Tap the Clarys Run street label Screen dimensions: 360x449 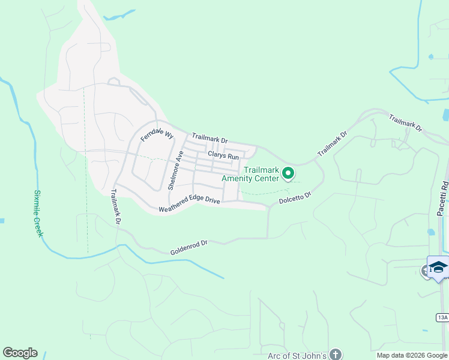223,155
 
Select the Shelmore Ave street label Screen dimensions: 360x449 175,170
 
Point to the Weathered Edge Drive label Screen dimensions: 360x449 189,204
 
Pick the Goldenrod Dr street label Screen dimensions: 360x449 188,247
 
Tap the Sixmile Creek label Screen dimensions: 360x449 38,213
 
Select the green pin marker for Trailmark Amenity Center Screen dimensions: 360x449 288,173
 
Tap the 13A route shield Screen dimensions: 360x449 442,317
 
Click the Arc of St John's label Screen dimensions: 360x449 297,355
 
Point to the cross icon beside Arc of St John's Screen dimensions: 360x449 336,355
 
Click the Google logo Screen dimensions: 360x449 20,353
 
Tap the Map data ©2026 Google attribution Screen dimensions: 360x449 412,355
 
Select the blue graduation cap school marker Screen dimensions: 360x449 438,268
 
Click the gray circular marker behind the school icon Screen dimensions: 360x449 426,271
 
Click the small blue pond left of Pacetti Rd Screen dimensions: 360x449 431,232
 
